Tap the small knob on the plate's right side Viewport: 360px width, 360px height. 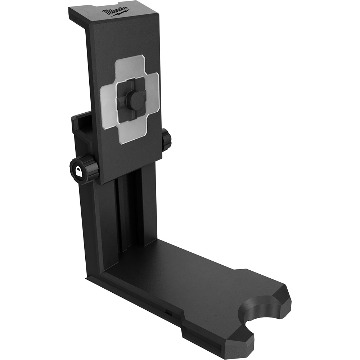coord(166,140)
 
